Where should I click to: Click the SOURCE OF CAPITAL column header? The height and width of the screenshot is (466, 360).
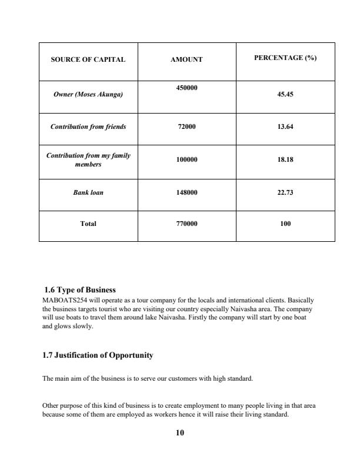pos(88,60)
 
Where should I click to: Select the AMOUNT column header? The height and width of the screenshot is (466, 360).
pos(186,60)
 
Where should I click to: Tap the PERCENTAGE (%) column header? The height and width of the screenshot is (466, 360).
pos(285,58)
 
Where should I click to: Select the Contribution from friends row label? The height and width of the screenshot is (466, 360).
pos(88,127)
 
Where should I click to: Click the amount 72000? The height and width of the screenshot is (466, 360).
pos(186,127)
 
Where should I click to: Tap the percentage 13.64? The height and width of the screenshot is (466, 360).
pos(285,127)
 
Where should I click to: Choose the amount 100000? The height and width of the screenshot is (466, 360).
pos(186,159)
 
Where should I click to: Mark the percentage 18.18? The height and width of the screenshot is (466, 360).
pos(285,159)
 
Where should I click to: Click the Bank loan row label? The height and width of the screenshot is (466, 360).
pos(88,192)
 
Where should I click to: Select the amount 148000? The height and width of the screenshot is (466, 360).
pos(186,192)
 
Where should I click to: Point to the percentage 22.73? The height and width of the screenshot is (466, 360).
pos(285,192)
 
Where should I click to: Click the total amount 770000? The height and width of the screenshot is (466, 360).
pos(186,224)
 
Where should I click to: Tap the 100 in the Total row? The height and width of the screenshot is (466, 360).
pos(285,224)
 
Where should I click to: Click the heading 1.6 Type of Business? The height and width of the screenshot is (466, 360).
pos(81,289)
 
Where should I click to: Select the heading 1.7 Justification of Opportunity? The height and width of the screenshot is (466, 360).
pos(98,355)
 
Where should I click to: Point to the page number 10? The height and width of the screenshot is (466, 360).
pos(180,433)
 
